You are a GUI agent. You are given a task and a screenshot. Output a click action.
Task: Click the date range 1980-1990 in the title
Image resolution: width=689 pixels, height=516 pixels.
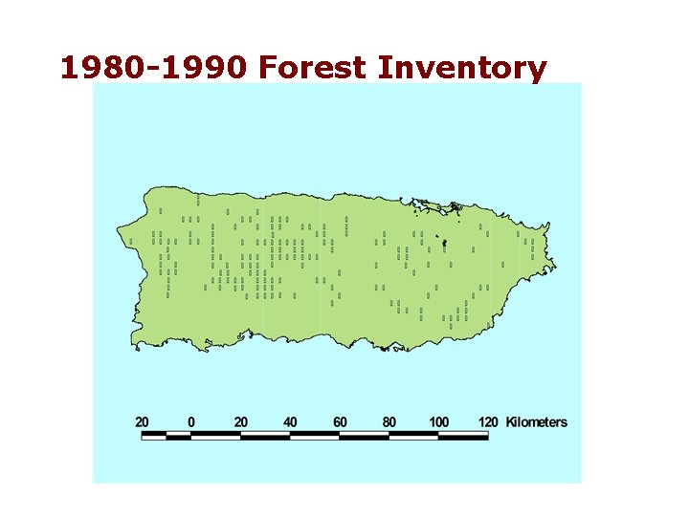point(154,69)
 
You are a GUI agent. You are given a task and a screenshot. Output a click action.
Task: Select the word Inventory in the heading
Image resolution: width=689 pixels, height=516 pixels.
point(462,69)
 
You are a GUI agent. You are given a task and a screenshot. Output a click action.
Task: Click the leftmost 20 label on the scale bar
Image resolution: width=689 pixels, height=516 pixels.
point(142,421)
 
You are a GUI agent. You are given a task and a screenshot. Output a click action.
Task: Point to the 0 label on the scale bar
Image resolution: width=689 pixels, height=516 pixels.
point(191,421)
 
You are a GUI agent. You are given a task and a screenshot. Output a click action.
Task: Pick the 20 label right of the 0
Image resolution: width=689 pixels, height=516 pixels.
point(241,421)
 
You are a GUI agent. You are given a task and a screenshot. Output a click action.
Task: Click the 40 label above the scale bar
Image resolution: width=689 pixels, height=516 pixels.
point(290,421)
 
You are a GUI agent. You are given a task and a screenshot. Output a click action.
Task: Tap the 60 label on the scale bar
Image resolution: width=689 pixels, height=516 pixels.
point(340,421)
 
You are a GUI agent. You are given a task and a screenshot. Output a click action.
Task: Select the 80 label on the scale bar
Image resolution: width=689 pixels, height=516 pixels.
point(389,421)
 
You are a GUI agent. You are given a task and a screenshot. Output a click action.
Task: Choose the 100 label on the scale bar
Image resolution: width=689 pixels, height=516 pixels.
point(438,421)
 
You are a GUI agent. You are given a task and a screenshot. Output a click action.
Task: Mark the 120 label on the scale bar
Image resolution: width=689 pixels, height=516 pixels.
point(488,421)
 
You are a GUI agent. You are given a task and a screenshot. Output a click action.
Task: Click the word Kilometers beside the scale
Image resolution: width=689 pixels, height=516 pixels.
point(536,421)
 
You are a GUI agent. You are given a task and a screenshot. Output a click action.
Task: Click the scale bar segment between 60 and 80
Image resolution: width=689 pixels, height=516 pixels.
point(365,436)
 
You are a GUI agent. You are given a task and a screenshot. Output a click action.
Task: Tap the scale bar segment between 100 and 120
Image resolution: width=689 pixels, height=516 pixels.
point(463,436)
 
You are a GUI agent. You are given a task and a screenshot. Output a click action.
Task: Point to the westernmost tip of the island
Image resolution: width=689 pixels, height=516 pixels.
point(118,230)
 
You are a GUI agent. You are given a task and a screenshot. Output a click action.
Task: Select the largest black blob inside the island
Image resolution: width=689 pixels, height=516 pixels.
point(444,243)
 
